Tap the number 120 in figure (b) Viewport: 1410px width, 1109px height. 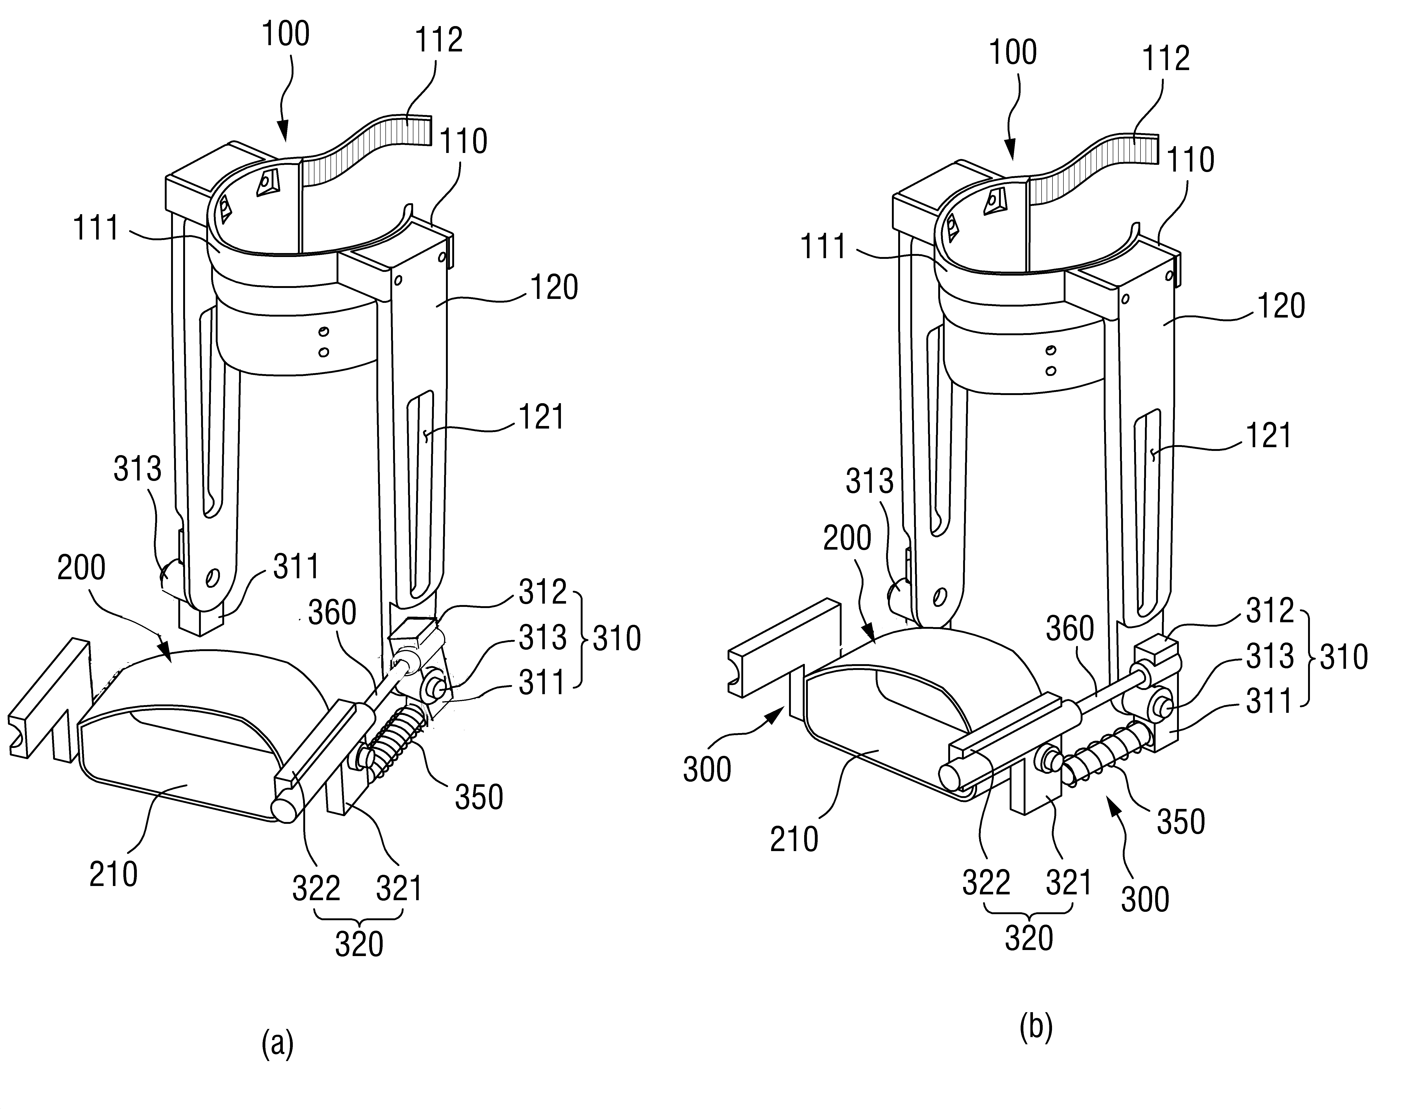(1281, 306)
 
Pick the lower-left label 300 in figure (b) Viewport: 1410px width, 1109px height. (707, 770)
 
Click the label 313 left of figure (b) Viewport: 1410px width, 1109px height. (870, 482)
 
